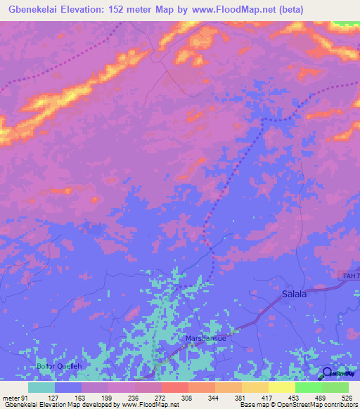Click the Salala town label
pos(294,294)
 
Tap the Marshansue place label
pos(205,338)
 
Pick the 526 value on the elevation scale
pos(348,398)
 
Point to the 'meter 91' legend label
pos(15,398)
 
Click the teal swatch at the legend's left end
pos(41,387)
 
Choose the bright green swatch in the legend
pos(309,387)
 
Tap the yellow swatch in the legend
pos(282,387)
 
